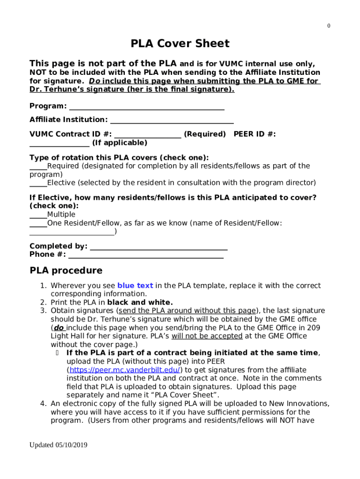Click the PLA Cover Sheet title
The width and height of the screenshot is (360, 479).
tap(180, 44)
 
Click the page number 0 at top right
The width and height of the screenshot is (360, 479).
tap(329, 26)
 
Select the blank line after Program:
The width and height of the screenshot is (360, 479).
tap(146, 107)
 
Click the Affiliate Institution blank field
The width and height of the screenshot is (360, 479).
tap(172, 121)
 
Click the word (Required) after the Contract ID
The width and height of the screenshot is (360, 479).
tap(205, 134)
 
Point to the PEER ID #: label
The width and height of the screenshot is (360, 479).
tap(255, 134)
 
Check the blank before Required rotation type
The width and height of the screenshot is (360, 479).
tap(38, 167)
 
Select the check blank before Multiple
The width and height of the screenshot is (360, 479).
tap(38, 216)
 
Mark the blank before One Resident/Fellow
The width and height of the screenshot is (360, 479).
tap(38, 224)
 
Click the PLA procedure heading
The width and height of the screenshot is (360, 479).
tap(66, 271)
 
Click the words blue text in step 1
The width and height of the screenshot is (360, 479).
tap(135, 285)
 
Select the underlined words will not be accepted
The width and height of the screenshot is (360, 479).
tap(207, 336)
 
